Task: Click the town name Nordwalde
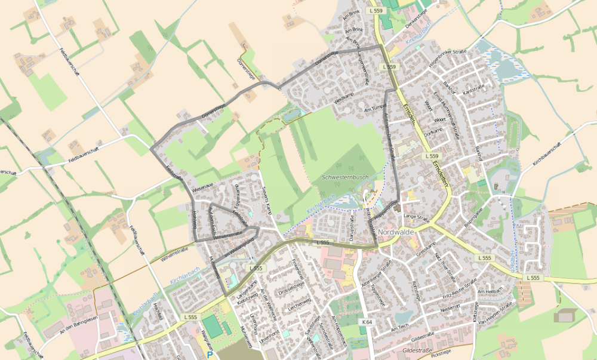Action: [412, 231]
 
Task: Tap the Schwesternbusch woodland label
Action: [344, 178]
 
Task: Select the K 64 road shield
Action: [367, 322]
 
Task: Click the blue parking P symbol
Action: [210, 355]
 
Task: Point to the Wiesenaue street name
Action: [202, 187]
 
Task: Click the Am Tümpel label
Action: [376, 109]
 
